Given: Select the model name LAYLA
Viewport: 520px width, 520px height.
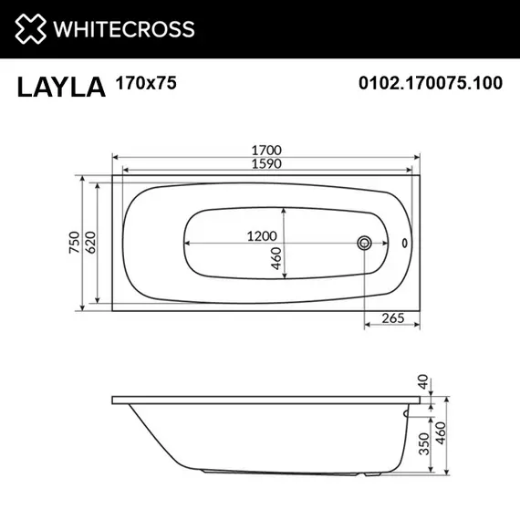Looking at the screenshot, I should click(60, 86).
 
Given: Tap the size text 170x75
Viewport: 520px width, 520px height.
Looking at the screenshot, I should click(146, 83).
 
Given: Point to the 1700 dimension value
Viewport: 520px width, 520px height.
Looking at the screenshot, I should click(265, 149).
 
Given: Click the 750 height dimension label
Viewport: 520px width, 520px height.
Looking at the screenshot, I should click(76, 243).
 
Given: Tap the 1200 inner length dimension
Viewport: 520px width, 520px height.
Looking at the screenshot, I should click(262, 235).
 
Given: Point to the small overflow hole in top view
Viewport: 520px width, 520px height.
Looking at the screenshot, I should click(406, 244).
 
